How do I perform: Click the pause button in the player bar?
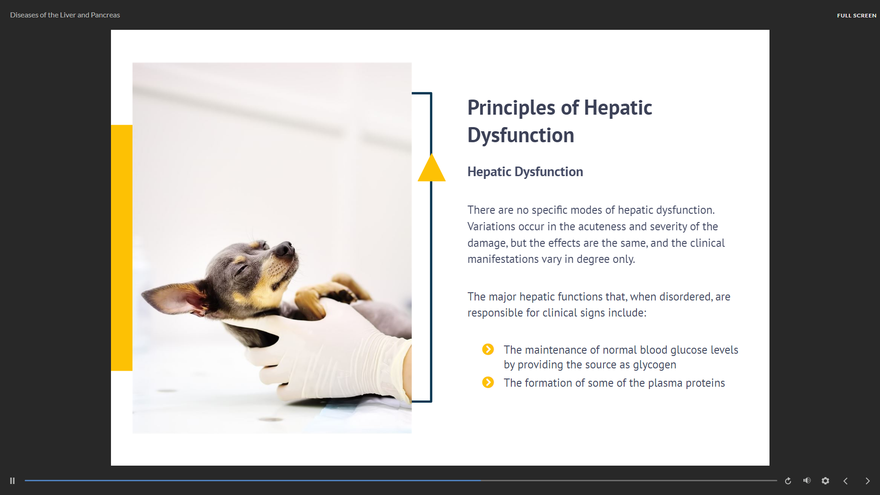tap(12, 481)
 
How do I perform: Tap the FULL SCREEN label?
tap(857, 16)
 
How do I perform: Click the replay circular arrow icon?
tap(788, 481)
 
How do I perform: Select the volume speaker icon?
tap(807, 480)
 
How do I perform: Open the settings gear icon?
tap(825, 481)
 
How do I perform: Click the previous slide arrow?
tap(846, 481)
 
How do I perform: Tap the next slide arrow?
tap(868, 481)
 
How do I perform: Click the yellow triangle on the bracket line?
tap(432, 169)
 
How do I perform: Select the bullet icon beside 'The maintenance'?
tap(488, 350)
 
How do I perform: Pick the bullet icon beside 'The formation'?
tap(488, 383)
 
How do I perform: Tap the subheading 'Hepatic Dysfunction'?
tap(525, 172)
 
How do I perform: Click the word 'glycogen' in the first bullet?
tap(654, 365)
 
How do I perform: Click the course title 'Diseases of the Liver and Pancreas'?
tap(65, 15)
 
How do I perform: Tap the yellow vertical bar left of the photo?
tap(122, 248)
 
